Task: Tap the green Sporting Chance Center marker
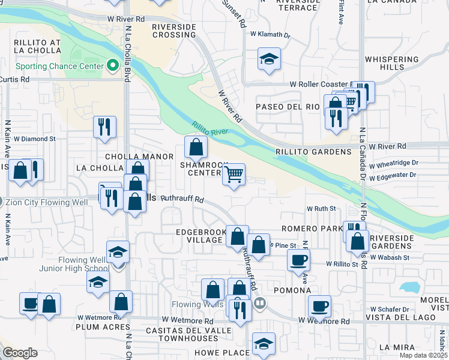112,66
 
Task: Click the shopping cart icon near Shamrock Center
234,175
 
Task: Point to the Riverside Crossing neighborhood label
174,31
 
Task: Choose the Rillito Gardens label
313,152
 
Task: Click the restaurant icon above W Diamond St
104,127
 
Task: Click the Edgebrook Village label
199,235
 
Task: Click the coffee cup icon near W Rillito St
298,260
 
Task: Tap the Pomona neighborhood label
294,290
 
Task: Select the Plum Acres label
103,327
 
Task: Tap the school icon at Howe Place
264,344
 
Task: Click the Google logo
20,353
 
